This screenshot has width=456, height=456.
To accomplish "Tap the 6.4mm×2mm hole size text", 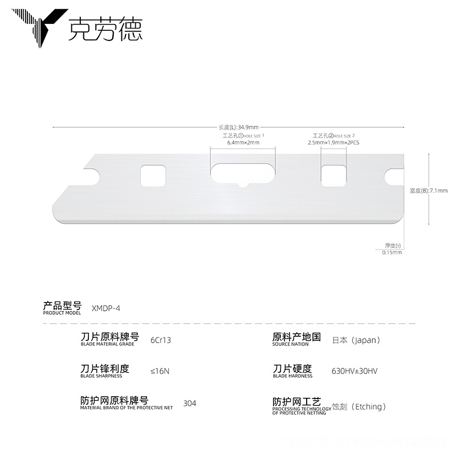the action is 243,142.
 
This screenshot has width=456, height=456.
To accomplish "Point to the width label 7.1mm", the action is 429,190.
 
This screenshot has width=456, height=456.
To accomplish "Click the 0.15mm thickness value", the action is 392,252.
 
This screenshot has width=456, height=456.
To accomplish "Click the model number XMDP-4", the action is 106,308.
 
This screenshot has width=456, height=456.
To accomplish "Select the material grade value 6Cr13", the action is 161,340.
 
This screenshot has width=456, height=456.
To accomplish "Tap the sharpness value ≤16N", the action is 160,371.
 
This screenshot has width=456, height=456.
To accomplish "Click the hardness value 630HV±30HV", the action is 354,371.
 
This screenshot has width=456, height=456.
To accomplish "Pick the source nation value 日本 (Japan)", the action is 356,340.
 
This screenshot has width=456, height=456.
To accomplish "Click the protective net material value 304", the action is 190,404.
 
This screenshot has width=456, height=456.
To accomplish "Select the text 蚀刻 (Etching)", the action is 360,406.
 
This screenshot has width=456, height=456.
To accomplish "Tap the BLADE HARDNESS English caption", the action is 292,376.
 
